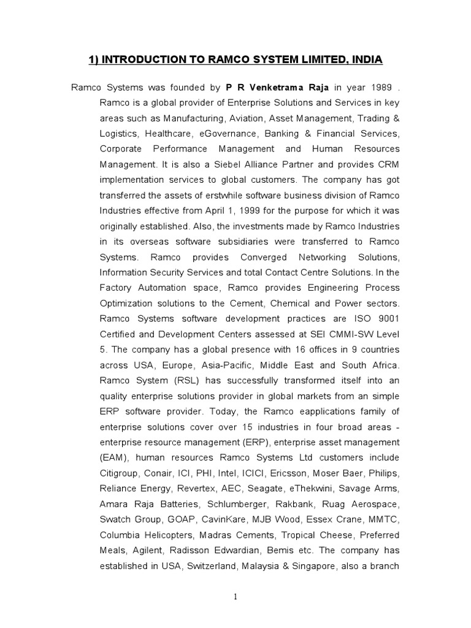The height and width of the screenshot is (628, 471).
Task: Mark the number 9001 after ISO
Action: click(388, 318)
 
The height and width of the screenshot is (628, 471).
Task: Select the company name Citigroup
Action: click(121, 473)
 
